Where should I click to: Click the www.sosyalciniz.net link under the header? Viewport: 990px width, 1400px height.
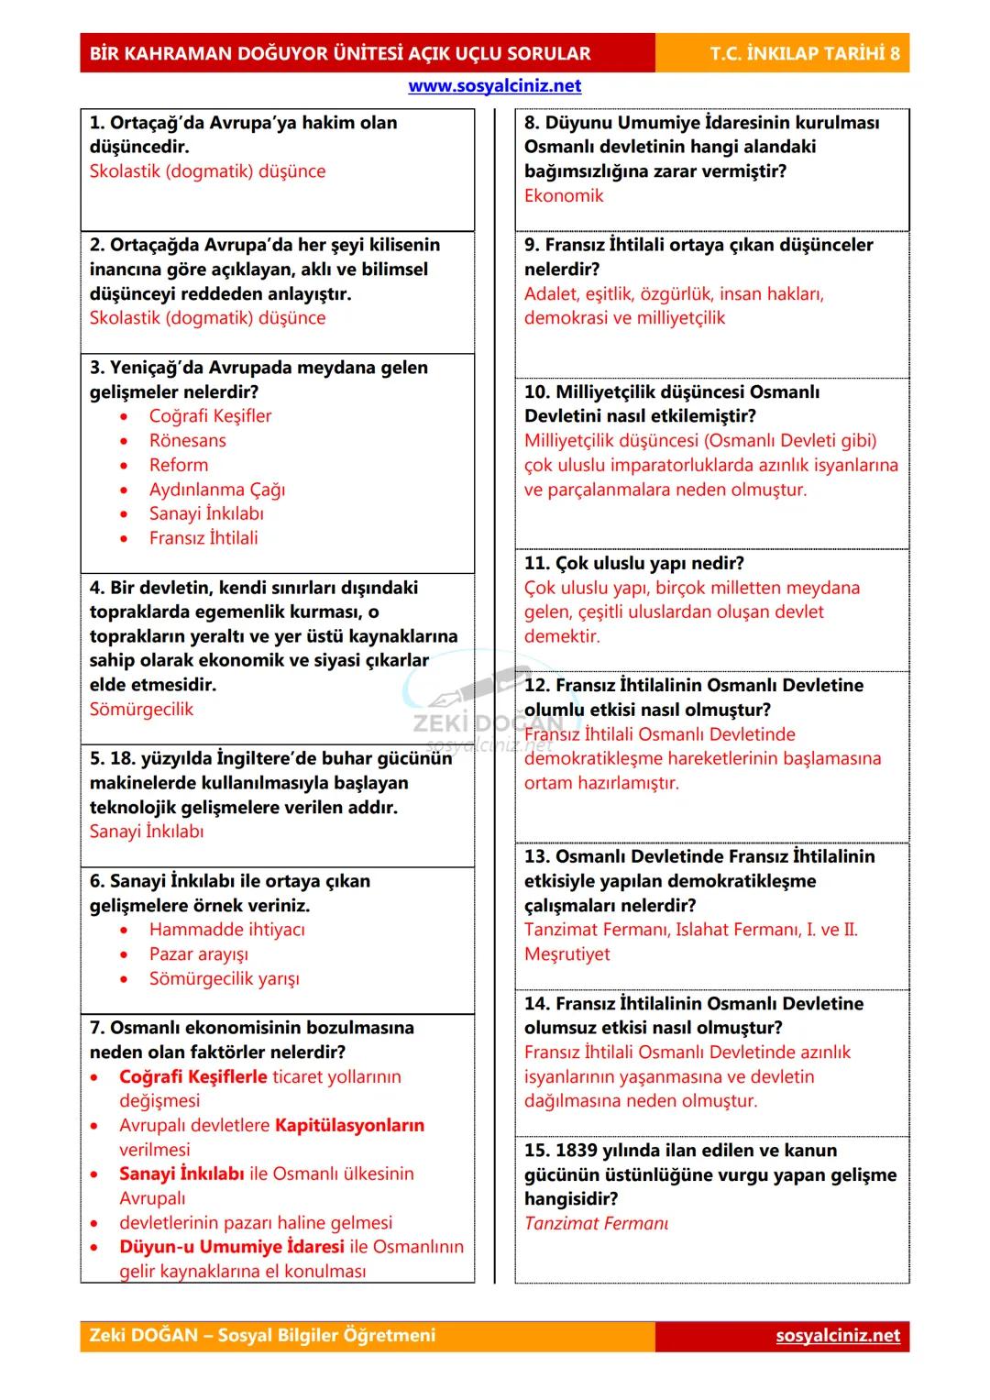tap(494, 86)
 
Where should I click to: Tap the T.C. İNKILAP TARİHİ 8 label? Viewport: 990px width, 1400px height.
tap(804, 53)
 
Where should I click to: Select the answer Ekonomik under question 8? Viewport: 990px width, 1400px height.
tap(564, 195)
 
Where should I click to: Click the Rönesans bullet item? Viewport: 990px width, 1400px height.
tap(187, 441)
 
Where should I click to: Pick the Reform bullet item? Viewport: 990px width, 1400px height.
tap(178, 465)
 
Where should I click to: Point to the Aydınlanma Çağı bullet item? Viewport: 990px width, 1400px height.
tap(216, 490)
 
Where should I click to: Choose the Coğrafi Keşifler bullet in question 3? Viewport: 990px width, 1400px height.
tap(210, 416)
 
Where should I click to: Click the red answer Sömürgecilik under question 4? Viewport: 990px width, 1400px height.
tap(141, 710)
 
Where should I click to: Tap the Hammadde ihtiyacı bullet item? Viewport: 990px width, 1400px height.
tap(226, 930)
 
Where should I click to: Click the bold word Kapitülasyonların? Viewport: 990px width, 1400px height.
tap(349, 1125)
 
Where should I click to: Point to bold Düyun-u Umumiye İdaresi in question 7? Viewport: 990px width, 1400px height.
tap(232, 1247)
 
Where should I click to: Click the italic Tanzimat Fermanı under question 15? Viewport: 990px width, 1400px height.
tap(596, 1223)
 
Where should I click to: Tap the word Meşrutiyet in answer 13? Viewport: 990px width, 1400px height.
tap(566, 954)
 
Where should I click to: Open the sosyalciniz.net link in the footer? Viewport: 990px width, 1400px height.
tap(837, 1336)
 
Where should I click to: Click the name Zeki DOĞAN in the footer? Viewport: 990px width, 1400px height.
tap(143, 1336)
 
